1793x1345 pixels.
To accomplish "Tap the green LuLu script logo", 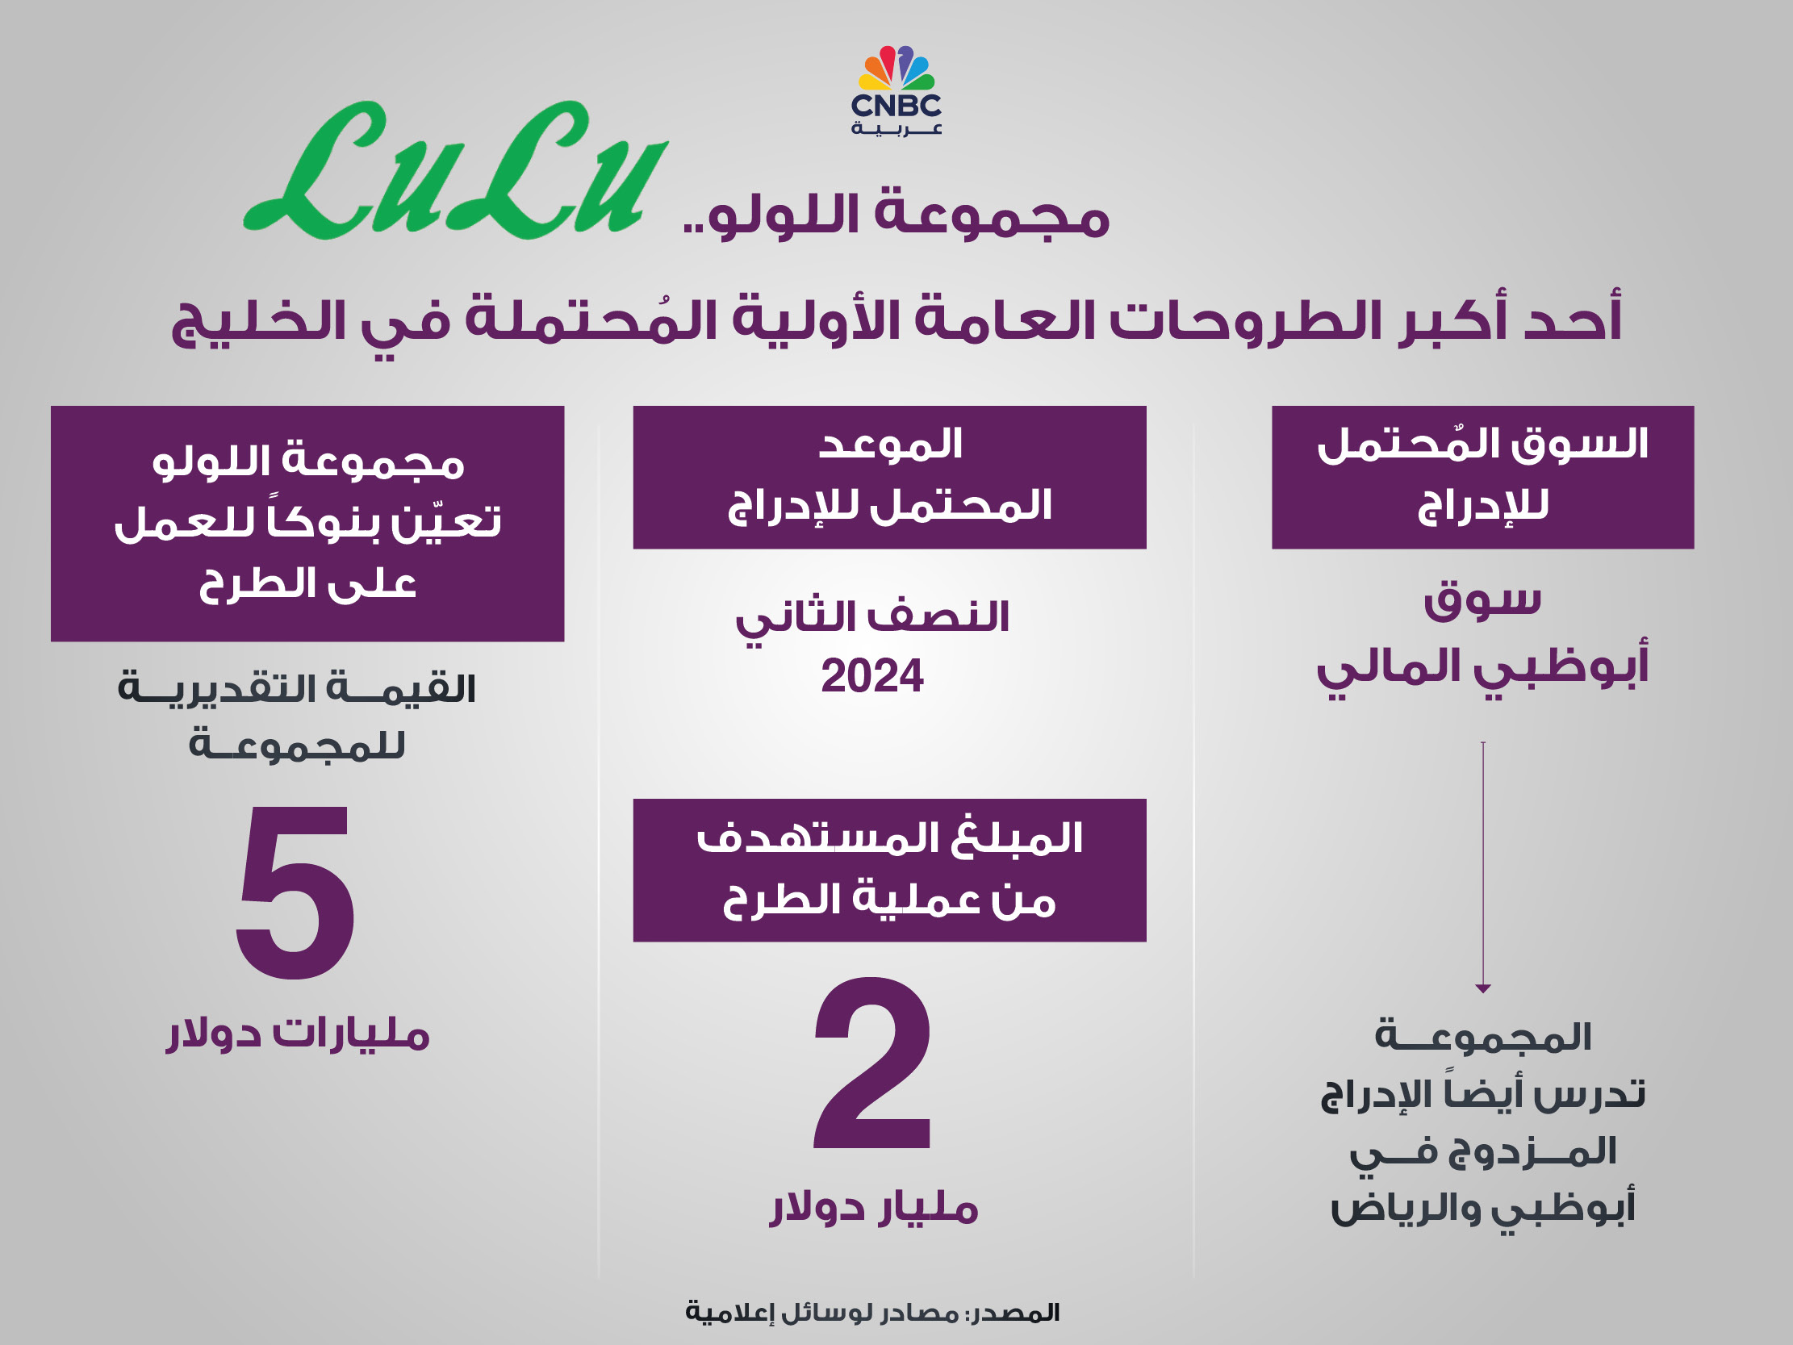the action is (x=457, y=170).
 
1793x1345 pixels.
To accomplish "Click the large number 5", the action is (x=296, y=892).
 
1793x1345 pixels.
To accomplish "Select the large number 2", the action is (x=872, y=1063).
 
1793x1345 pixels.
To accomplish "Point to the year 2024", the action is (x=872, y=676).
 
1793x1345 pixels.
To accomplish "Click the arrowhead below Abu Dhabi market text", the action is (x=1483, y=988).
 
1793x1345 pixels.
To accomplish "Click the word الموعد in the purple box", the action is (x=890, y=445).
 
